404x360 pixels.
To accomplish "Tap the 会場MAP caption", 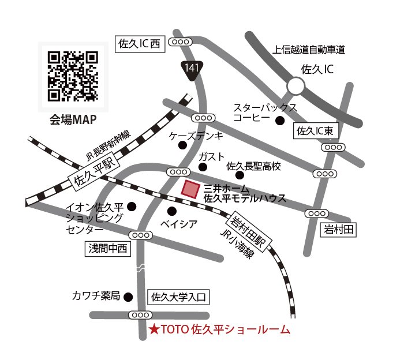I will (72, 120).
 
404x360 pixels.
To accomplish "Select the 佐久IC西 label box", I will (141, 44).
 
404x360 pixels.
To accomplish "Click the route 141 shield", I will (191, 68).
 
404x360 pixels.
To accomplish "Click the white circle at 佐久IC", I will (296, 87).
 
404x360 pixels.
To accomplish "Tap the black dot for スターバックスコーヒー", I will (280, 121).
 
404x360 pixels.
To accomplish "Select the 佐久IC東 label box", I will (315, 131).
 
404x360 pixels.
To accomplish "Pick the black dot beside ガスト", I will (203, 167).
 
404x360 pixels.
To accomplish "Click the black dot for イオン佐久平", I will (132, 206).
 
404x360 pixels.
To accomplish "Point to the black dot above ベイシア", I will (171, 211).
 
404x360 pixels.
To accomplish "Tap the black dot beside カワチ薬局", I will (128, 297).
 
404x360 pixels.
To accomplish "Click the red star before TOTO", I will (154, 331).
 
